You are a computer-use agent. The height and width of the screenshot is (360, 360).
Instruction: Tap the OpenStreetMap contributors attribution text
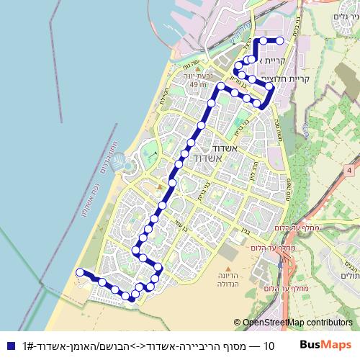coord(297,323)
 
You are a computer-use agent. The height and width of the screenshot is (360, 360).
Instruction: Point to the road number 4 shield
coord(349,171)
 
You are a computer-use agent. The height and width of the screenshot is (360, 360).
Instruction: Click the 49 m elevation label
coord(194,85)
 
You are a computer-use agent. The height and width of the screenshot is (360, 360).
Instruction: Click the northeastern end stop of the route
coord(279,40)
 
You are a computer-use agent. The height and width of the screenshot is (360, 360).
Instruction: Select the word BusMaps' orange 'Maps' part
coord(340,346)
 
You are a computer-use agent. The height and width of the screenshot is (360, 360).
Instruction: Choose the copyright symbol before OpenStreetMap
coord(237,323)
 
